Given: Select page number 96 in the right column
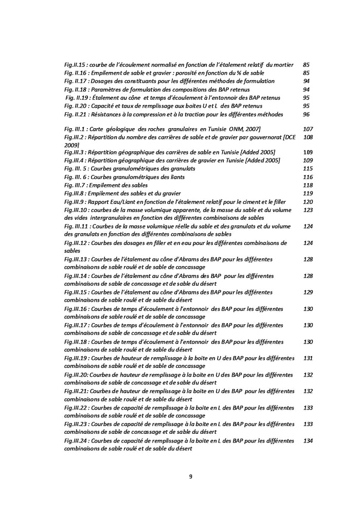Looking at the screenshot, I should (x=307, y=114).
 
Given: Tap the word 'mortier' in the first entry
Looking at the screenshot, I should (x=282, y=65).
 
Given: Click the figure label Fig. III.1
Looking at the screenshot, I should (x=77, y=128).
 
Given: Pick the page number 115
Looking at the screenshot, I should (x=308, y=169).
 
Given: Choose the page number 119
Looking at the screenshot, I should (x=308, y=193).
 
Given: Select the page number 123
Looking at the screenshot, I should (x=308, y=210).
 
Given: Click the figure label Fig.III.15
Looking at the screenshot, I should (x=77, y=292).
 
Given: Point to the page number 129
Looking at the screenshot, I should (x=308, y=292).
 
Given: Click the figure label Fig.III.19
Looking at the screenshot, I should (x=77, y=358).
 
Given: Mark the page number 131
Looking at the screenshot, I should (x=308, y=358).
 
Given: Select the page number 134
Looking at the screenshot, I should (x=308, y=440).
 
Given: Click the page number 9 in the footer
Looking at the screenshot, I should (x=191, y=477).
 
